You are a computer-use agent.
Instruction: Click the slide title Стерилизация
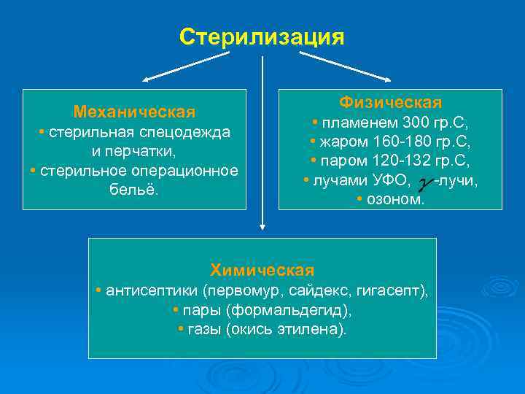pyautogui.click(x=262, y=36)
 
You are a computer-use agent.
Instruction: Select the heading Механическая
pyautogui.click(x=134, y=112)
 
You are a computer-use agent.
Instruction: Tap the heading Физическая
pyautogui.click(x=390, y=101)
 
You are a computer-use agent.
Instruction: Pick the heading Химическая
pyautogui.click(x=262, y=270)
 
